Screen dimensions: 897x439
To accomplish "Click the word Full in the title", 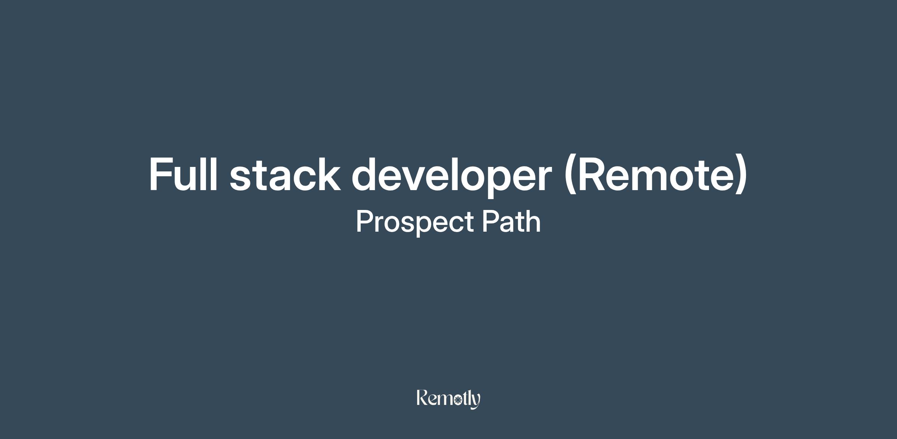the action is [183, 174].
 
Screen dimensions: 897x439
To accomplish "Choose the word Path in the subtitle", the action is [511, 221].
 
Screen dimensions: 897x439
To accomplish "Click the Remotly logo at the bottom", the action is [449, 399].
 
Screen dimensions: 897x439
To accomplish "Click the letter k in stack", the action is [327, 174].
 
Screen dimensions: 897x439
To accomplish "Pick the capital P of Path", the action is [491, 221].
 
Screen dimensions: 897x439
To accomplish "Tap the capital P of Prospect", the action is [365, 221].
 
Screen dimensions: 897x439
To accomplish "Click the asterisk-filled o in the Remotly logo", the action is [457, 401].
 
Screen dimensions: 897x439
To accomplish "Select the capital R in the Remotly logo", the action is [422, 397].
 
